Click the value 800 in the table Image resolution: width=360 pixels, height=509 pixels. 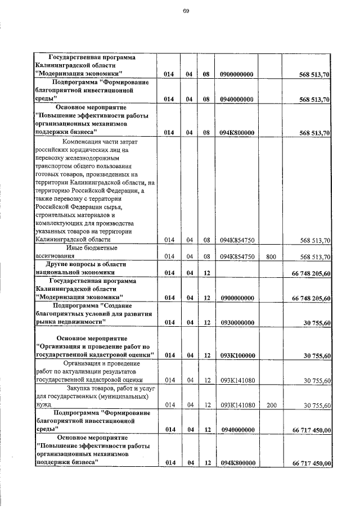271,256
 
